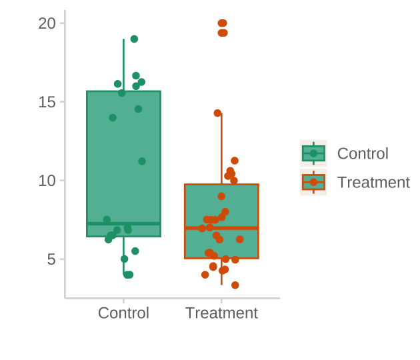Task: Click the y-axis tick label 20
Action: pos(47,23)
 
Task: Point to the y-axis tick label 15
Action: pos(47,102)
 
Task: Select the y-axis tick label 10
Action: pos(47,181)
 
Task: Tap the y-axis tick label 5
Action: pos(51,259)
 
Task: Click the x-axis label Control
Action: pos(123,313)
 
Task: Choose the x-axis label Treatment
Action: pos(221,313)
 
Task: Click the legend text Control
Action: pos(363,153)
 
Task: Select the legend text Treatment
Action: pos(373,182)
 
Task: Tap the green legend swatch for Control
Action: pos(313,153)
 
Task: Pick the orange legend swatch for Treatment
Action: pos(313,182)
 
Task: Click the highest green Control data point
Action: pos(134,39)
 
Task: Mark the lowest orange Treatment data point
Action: pos(235,285)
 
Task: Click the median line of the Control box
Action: pos(123,223)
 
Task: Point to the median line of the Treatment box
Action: pos(221,228)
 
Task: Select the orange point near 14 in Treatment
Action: pos(217,113)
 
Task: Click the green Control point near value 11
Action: pos(142,161)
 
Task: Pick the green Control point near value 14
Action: pos(113,118)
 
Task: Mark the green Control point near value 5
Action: pos(124,259)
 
